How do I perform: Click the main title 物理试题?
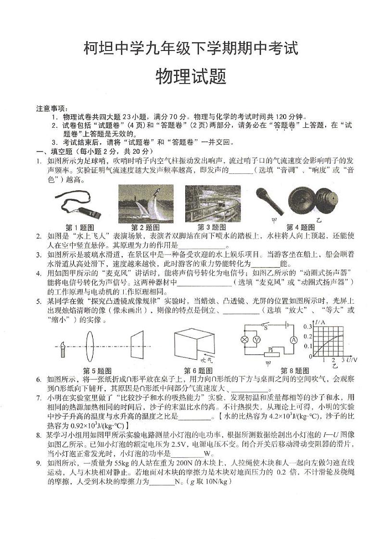click(191, 76)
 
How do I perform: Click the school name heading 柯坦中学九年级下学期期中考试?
click(191, 48)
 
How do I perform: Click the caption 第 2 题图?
click(145, 227)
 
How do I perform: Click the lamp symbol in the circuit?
click(244, 339)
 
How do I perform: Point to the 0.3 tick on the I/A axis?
click(308, 327)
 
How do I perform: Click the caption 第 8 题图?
click(294, 371)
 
